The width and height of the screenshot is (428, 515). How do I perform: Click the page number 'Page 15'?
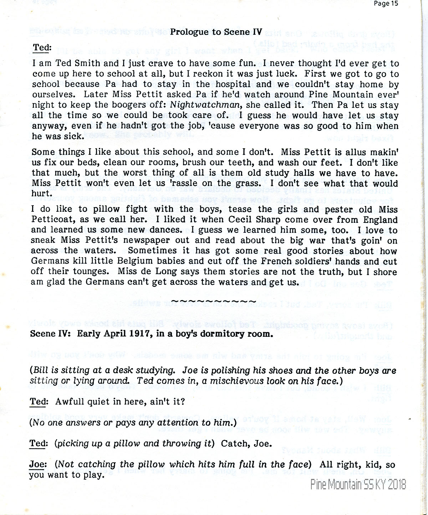385,4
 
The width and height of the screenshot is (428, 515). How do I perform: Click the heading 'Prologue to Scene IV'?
216,32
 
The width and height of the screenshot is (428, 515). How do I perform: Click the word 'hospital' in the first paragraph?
232,84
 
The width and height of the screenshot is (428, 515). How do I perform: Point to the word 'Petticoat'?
52,220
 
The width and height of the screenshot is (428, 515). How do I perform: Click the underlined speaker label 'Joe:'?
37,465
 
